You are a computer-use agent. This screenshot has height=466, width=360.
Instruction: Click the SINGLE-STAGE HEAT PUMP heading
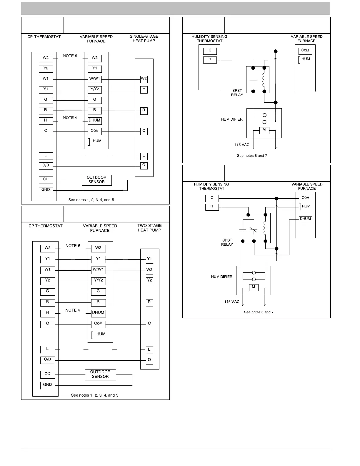[144, 39]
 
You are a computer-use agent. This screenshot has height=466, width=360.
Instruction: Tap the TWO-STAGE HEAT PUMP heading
[149, 228]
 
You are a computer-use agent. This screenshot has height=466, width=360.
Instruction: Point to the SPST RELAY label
[237, 93]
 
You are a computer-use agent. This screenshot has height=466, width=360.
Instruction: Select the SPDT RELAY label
[227, 242]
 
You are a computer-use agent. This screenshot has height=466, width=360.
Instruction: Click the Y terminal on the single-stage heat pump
[144, 89]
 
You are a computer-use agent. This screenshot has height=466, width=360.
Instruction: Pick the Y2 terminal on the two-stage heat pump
[149, 281]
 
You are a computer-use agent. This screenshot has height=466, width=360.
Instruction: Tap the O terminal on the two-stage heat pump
[149, 360]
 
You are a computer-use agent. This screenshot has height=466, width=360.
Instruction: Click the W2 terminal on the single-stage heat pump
[144, 79]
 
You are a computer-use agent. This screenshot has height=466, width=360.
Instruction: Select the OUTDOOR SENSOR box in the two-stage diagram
[100, 374]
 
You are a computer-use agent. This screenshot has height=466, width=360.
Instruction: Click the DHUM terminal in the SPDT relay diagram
[305, 219]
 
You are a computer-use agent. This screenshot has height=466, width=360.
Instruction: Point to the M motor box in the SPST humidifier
[264, 130]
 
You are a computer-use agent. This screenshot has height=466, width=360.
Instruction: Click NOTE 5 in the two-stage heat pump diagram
[73, 246]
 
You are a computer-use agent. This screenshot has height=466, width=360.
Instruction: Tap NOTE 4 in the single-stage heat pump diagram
[70, 118]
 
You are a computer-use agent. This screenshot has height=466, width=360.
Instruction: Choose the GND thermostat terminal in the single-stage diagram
[46, 190]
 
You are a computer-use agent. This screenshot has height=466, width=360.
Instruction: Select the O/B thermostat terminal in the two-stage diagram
[47, 360]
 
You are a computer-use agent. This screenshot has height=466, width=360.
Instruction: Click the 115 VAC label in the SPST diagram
[242, 145]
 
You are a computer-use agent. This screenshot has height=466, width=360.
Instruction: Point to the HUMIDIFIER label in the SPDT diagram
[221, 277]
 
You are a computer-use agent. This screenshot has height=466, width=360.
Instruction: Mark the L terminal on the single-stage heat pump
[144, 156]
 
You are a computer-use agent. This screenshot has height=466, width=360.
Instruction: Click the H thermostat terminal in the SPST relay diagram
[210, 60]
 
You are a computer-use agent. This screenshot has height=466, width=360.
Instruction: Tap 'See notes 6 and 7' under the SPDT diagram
[259, 312]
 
